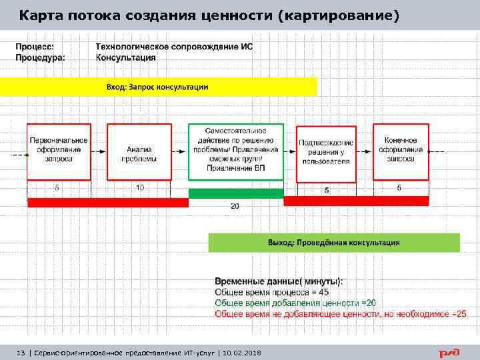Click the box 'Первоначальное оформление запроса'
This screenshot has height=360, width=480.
pyautogui.click(x=59, y=151)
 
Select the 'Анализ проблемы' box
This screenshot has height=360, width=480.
pyautogui.click(x=139, y=151)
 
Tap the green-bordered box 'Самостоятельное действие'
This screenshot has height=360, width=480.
pyautogui.click(x=236, y=152)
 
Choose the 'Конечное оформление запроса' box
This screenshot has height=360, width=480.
pyautogui.click(x=401, y=151)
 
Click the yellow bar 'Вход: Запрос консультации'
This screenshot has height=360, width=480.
pyautogui.click(x=158, y=87)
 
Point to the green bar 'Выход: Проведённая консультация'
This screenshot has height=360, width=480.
pyautogui.click(x=334, y=242)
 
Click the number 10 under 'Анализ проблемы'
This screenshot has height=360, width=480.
pyautogui.click(x=140, y=188)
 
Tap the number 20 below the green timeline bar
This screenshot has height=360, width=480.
pyautogui.click(x=235, y=206)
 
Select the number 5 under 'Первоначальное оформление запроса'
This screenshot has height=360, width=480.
pyautogui.click(x=57, y=188)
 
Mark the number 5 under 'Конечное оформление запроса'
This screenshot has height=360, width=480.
pyautogui.click(x=399, y=188)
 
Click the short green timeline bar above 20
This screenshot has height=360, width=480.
pyautogui.click(x=236, y=193)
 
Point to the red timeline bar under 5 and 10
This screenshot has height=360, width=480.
pyautogui.click(x=108, y=203)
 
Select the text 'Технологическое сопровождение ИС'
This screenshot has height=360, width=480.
pyautogui.click(x=175, y=47)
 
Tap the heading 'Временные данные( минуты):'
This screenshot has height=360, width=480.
pyautogui.click(x=283, y=281)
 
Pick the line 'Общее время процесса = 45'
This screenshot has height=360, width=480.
pyautogui.click(x=271, y=292)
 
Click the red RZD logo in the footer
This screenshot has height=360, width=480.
pyautogui.click(x=450, y=352)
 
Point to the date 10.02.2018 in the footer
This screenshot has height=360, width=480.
pyautogui.click(x=242, y=352)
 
